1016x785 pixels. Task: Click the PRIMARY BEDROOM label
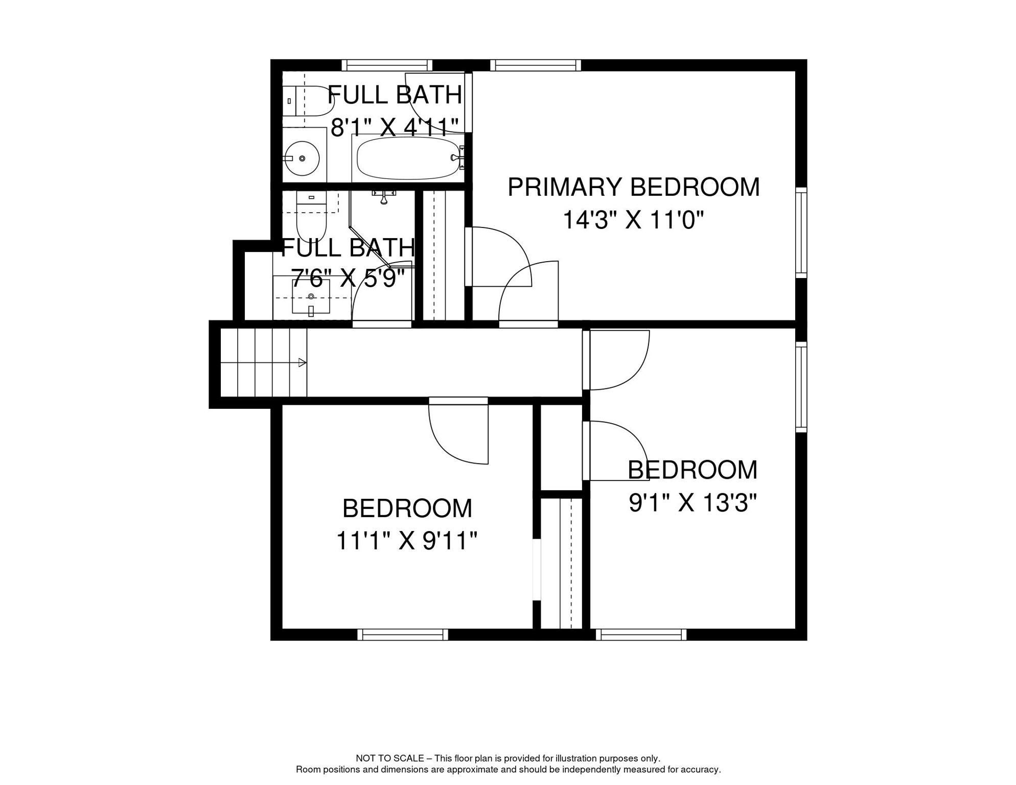pyautogui.click(x=633, y=187)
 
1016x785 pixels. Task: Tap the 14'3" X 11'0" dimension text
pyautogui.click(x=633, y=220)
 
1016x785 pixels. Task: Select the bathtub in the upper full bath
pyautogui.click(x=408, y=157)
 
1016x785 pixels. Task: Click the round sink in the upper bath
pyautogui.click(x=302, y=158)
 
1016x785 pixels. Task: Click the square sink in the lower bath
pyautogui.click(x=311, y=297)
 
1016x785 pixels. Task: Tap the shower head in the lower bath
pyautogui.click(x=384, y=196)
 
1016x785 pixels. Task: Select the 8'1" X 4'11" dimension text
pyautogui.click(x=395, y=127)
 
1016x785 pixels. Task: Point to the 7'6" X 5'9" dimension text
pyautogui.click(x=348, y=279)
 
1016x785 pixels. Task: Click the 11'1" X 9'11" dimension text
pyautogui.click(x=406, y=541)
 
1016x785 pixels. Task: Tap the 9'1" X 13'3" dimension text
pyautogui.click(x=692, y=503)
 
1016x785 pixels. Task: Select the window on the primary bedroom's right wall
pyautogui.click(x=801, y=233)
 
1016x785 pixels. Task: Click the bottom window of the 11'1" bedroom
pyautogui.click(x=403, y=635)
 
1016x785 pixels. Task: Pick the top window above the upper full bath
pyautogui.click(x=387, y=65)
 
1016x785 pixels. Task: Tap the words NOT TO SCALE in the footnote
pyautogui.click(x=390, y=758)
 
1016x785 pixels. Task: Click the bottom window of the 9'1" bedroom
pyautogui.click(x=641, y=635)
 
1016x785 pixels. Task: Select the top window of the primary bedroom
pyautogui.click(x=536, y=65)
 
